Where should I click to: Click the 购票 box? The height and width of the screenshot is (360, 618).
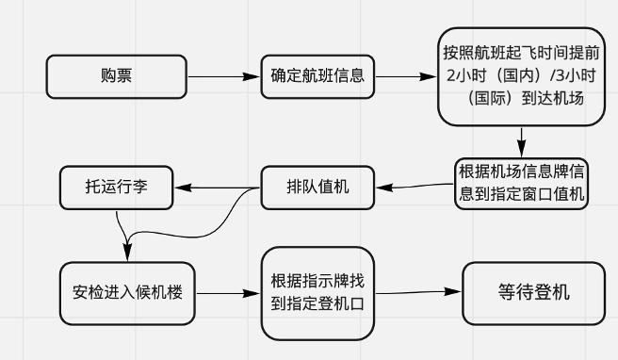tap(116, 75)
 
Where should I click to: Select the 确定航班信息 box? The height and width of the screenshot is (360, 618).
tap(318, 75)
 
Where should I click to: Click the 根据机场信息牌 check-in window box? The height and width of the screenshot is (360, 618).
tap(521, 184)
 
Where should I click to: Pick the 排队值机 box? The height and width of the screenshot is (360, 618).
tap(317, 187)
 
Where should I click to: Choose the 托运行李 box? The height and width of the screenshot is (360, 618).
tap(116, 187)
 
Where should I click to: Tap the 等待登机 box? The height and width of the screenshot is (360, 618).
tap(533, 291)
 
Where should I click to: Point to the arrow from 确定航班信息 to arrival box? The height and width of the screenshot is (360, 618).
tap(405, 77)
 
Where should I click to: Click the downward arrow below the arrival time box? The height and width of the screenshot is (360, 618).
tap(520, 143)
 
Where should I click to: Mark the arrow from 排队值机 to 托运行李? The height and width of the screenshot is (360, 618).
tap(217, 187)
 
